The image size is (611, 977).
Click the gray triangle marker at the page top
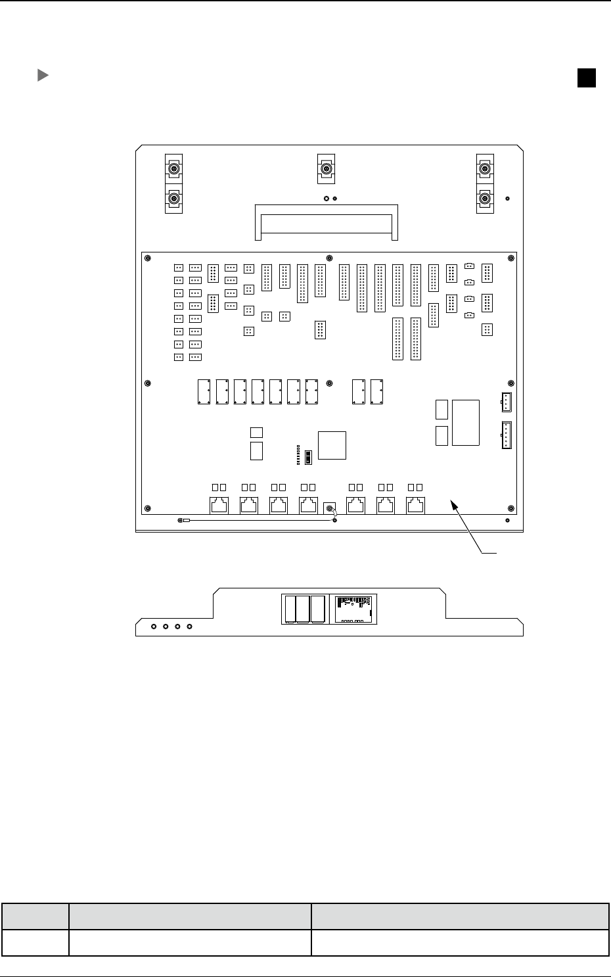tap(42, 76)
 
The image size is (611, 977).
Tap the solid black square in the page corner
tap(587, 78)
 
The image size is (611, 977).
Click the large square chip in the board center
tap(332, 445)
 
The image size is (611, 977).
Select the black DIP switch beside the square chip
tap(308, 456)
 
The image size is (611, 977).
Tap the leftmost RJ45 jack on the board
tap(219, 505)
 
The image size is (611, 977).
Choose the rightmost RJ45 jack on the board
tap(416, 505)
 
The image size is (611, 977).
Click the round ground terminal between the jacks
tap(330, 508)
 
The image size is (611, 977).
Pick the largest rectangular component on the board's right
tap(466, 422)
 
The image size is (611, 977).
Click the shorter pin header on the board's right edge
tap(506, 402)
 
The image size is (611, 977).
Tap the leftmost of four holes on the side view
tap(154, 627)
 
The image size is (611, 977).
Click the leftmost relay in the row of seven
tap(204, 391)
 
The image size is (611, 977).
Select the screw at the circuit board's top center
tap(330, 257)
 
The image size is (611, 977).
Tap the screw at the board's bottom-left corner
tap(147, 508)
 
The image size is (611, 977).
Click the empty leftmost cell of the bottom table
tap(35, 943)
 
